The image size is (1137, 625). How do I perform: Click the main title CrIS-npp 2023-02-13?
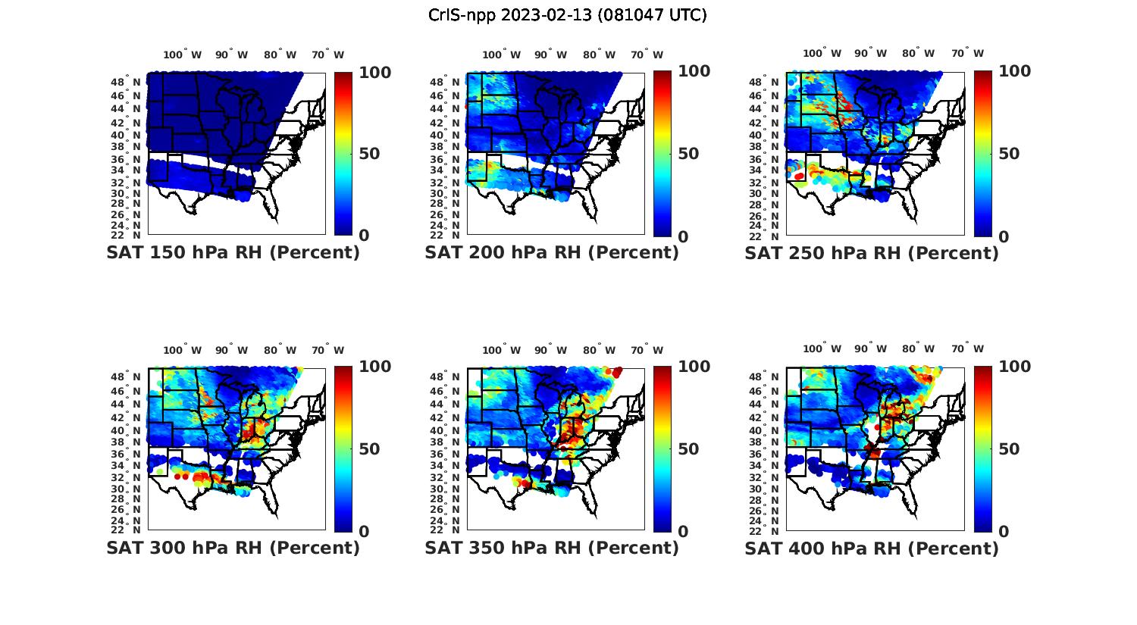tap(567, 15)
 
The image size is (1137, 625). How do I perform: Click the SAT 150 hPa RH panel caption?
tap(233, 253)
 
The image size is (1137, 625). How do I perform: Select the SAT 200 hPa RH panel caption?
tap(552, 253)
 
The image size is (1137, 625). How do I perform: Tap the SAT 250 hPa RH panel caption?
tap(871, 253)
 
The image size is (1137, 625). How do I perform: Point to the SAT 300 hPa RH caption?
tap(233, 548)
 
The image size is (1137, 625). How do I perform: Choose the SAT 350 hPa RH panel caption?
tap(552, 548)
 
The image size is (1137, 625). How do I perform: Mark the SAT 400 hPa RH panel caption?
tap(871, 548)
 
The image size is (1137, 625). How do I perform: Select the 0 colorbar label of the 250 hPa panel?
tap(1004, 236)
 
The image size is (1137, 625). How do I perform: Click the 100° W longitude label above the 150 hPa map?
tap(183, 55)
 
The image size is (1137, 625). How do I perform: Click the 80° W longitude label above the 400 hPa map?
tap(918, 348)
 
